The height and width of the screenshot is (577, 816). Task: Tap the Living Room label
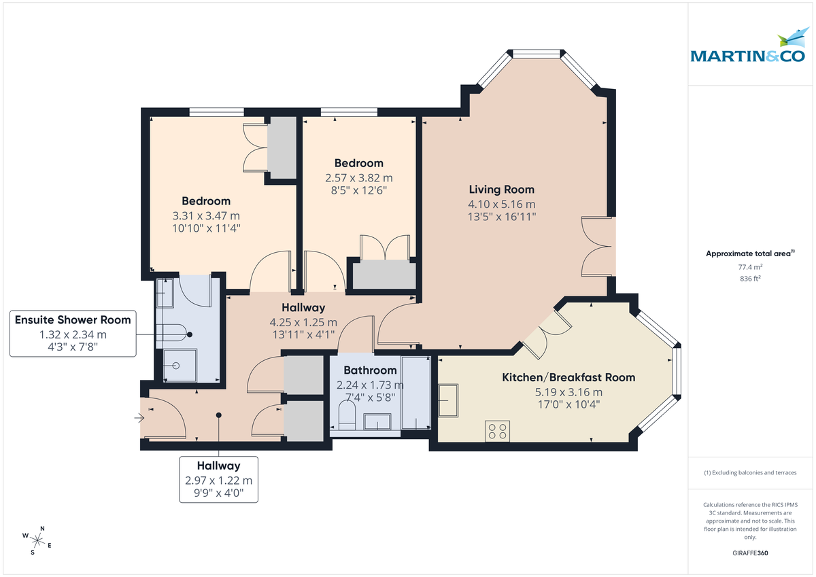pos(502,190)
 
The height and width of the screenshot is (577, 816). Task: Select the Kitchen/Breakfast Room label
pos(568,377)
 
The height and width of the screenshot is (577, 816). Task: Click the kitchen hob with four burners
pos(498,431)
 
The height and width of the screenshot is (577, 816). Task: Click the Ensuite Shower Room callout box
pos(73,334)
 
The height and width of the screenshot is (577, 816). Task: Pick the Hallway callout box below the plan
pos(218,479)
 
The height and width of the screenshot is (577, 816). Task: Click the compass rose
pos(38,540)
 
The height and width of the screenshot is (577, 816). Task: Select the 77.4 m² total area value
pos(750,267)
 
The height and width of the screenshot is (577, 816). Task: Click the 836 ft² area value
pos(750,278)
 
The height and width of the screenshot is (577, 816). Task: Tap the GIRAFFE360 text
pos(750,553)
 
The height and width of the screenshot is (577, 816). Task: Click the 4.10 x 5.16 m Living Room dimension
pos(502,204)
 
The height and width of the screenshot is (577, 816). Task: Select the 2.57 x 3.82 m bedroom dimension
pos(358,177)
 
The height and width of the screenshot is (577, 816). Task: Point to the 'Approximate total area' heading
pos(749,253)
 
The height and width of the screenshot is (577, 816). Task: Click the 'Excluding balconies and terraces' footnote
pos(750,472)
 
